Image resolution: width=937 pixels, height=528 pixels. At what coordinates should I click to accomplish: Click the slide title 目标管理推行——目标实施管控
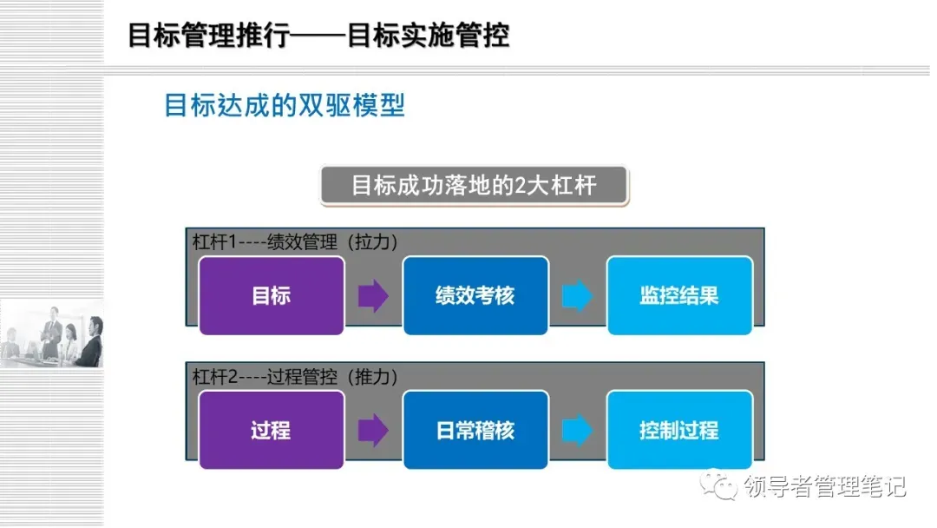pyautogui.click(x=318, y=36)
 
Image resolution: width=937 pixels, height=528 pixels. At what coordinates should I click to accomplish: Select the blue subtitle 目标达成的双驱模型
pyautogui.click(x=285, y=106)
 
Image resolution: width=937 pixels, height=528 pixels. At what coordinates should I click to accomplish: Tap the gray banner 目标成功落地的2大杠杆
pyautogui.click(x=474, y=185)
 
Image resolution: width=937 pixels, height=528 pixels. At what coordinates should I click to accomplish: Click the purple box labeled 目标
pyautogui.click(x=272, y=295)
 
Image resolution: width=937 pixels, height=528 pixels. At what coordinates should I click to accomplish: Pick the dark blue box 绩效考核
pyautogui.click(x=475, y=295)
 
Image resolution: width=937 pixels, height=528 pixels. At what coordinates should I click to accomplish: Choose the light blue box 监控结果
pyautogui.click(x=679, y=295)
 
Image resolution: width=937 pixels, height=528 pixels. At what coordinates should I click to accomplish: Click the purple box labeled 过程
pyautogui.click(x=272, y=430)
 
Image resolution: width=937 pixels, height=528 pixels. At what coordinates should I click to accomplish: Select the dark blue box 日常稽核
pyautogui.click(x=475, y=430)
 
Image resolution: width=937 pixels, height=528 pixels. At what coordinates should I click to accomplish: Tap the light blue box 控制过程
pyautogui.click(x=679, y=430)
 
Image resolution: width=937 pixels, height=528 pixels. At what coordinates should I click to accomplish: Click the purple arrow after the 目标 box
pyautogui.click(x=373, y=295)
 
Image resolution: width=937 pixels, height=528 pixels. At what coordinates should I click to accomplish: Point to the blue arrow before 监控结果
pyautogui.click(x=577, y=295)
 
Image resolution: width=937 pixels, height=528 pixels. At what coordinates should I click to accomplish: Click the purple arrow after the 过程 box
pyautogui.click(x=373, y=430)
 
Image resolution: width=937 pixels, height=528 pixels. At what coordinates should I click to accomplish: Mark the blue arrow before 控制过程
pyautogui.click(x=577, y=430)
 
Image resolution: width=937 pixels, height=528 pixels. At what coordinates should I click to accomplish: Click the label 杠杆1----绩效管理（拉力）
pyautogui.click(x=295, y=242)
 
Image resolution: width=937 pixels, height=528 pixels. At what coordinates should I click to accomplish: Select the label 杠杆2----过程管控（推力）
pyautogui.click(x=295, y=377)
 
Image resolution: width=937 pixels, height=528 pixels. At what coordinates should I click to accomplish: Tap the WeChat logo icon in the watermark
pyautogui.click(x=720, y=485)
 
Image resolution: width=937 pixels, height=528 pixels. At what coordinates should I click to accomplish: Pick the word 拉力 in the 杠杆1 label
pyautogui.click(x=375, y=242)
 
